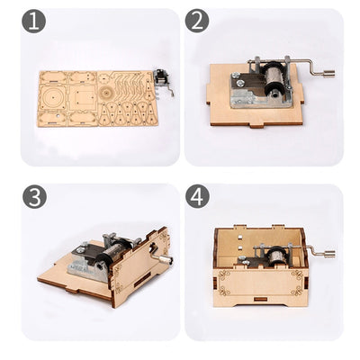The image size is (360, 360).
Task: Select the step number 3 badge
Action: pos(34,196)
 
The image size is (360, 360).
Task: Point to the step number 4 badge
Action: pos(198,196)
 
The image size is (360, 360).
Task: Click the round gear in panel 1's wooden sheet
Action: pos(107,93)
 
